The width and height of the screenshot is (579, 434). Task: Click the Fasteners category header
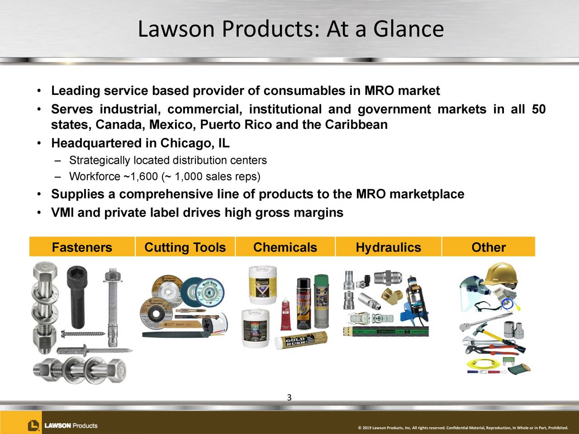(82, 247)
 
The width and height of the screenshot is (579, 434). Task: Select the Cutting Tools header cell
(185, 247)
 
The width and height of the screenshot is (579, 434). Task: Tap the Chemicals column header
(285, 247)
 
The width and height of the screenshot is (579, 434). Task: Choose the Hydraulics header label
(388, 247)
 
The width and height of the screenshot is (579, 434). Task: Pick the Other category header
(489, 247)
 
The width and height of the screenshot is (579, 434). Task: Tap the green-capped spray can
(321, 301)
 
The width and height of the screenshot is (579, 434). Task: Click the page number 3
(289, 398)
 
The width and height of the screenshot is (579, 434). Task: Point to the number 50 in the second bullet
(538, 109)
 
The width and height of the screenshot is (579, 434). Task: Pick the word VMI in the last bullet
(62, 212)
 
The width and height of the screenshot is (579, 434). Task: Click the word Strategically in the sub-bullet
(100, 160)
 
